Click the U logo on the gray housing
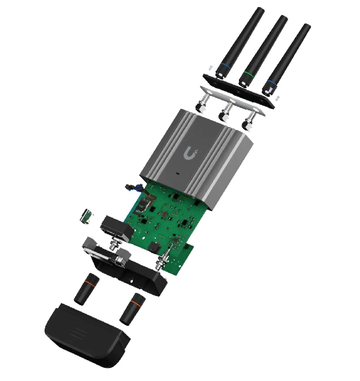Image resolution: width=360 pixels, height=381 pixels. tap(191, 153)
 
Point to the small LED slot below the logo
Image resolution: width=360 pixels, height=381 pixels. tap(178, 173)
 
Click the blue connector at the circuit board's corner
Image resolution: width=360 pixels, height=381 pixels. tap(130, 186)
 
